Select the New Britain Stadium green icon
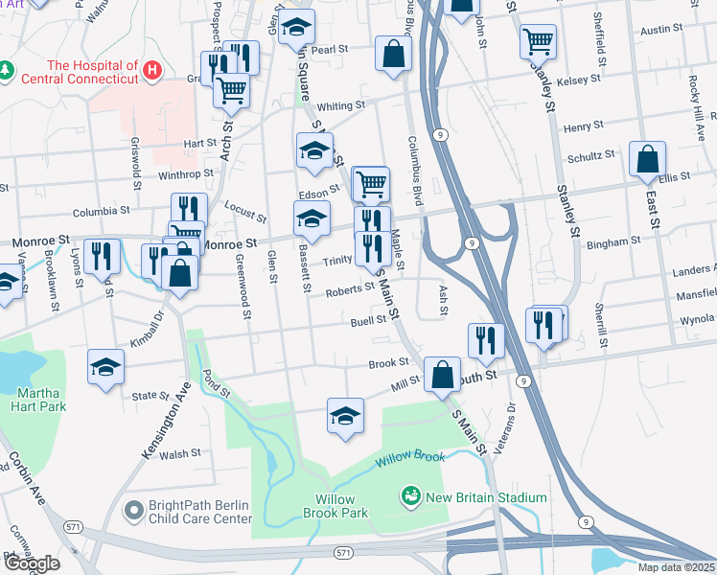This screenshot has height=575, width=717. (411, 496)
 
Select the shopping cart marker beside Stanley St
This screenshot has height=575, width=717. (539, 42)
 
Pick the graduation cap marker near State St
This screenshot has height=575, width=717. (106, 367)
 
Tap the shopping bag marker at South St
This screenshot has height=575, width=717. (442, 375)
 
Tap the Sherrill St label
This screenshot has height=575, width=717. (602, 325)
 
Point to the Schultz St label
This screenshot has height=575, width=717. (590, 155)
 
